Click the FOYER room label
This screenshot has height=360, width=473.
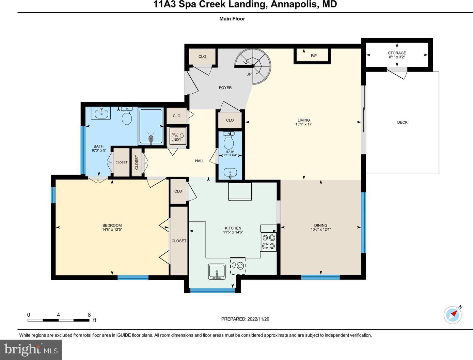coord(225,88)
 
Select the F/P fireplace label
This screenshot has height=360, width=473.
coord(314,56)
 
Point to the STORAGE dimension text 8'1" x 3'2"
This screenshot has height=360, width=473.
coord(397,57)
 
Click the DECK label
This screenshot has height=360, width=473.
coord(402,122)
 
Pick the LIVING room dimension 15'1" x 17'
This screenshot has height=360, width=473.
coord(304,124)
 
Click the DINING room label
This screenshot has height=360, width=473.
coord(320,225)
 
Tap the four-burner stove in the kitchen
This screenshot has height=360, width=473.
coord(268,241)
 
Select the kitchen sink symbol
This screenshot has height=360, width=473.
coord(217,272)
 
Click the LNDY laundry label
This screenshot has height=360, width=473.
coord(176,139)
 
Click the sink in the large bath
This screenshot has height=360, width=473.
coord(101,113)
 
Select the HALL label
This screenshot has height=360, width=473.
coord(200,161)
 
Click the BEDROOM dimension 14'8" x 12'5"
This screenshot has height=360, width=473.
coord(112,230)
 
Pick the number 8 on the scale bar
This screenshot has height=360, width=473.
coord(89,315)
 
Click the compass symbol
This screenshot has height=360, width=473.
coord(453,315)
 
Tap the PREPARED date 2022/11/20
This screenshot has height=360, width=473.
coord(258,319)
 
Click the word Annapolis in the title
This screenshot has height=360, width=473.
coord(294,4)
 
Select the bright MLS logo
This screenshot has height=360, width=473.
coord(31,349)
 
